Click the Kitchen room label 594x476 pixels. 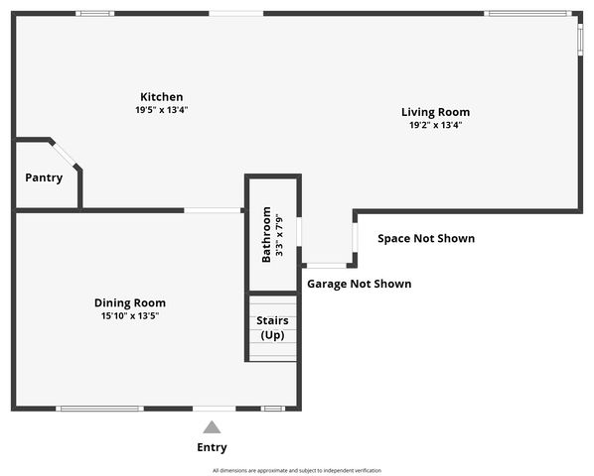161,97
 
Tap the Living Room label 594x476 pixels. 435,112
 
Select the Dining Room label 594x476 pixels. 130,302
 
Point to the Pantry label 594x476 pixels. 44,178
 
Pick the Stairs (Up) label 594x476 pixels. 272,327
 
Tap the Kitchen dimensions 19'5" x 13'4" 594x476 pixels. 161,110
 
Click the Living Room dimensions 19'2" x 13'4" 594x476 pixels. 435,125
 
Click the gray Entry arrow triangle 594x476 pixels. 212,427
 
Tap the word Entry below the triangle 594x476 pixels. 212,447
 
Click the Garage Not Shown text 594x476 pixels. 359,284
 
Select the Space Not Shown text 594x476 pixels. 426,238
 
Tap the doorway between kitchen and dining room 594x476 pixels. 213,210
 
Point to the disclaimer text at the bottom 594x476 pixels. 296,470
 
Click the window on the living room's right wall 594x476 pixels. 581,37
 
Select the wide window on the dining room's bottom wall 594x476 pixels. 99,409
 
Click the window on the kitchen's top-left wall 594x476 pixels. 94,13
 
